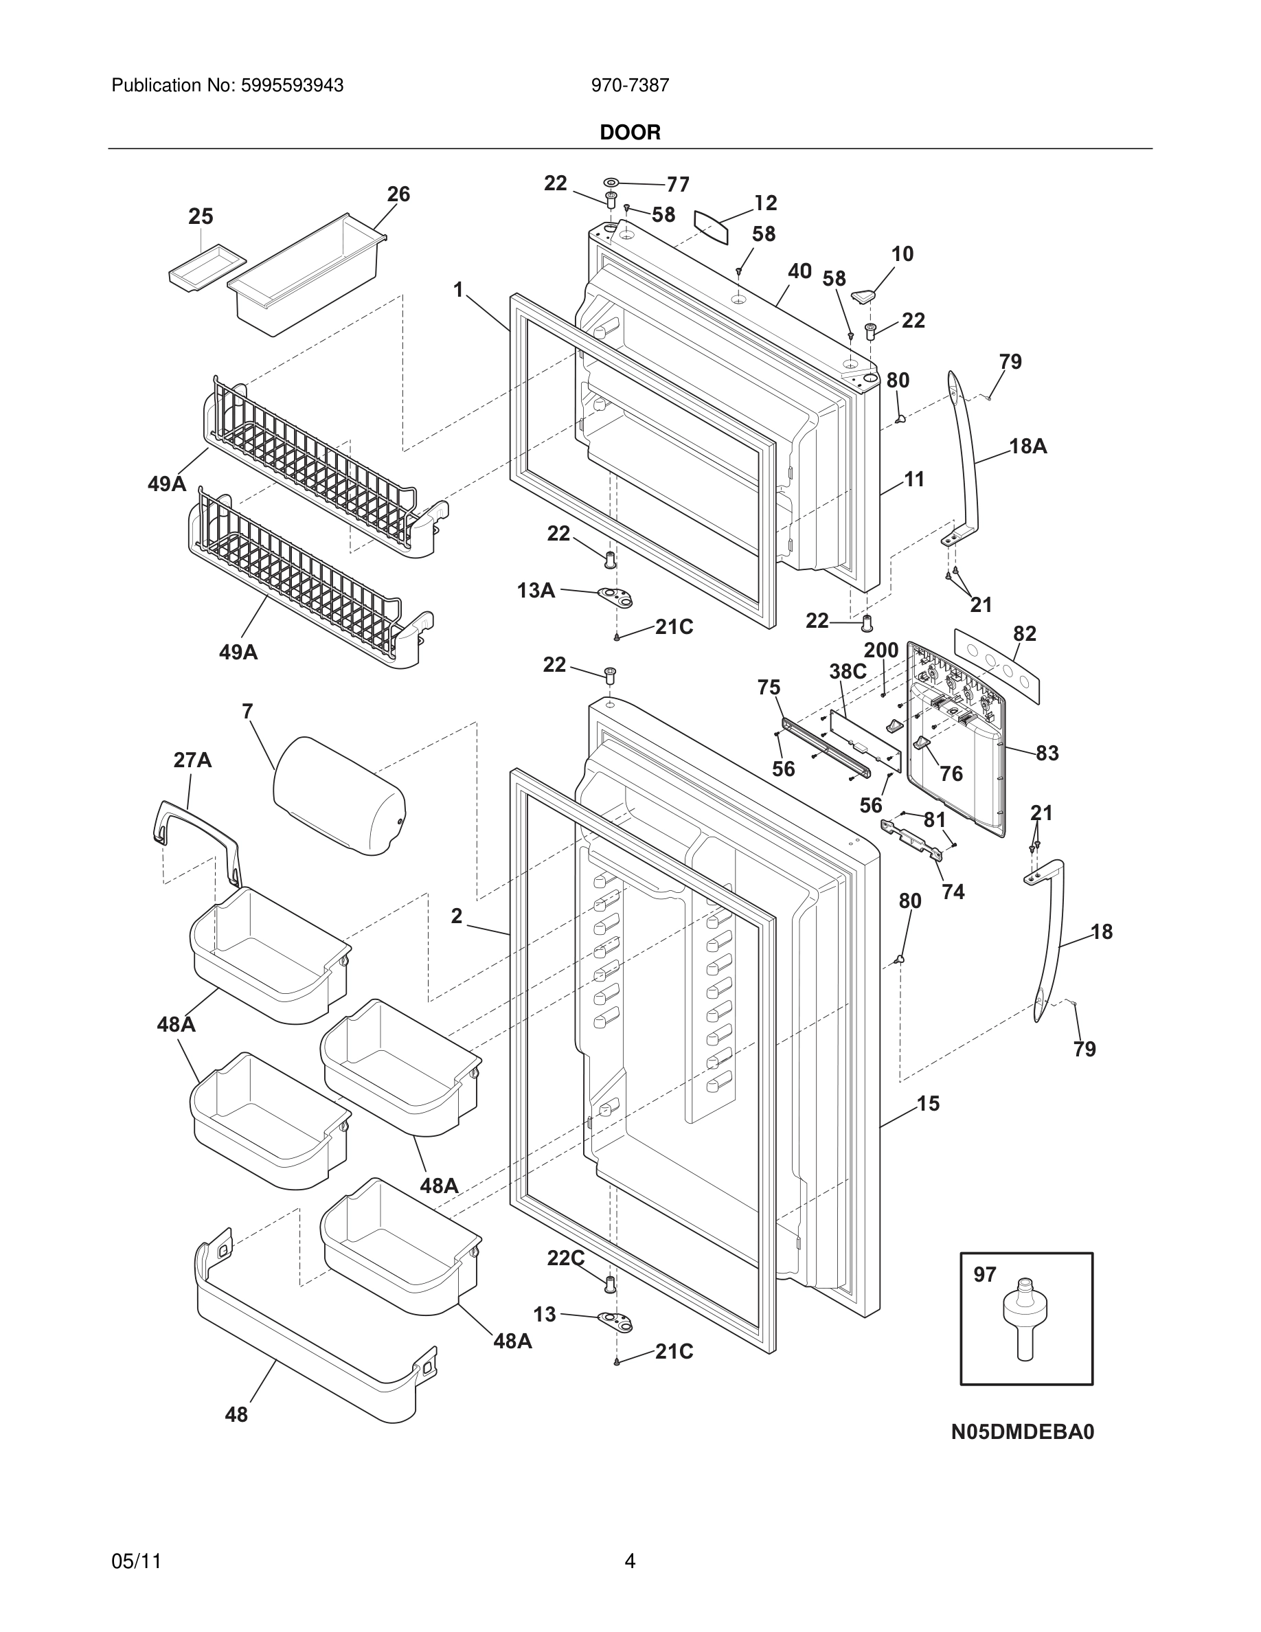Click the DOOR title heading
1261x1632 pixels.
(630, 133)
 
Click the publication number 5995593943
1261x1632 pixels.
(291, 85)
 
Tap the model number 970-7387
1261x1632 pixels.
(630, 85)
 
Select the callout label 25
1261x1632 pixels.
(200, 216)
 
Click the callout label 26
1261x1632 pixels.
(398, 194)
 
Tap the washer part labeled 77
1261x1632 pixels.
(611, 181)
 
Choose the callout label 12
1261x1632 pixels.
(766, 203)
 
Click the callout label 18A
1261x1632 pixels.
(1028, 447)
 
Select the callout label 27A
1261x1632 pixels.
(192, 760)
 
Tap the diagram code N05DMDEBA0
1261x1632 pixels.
(1022, 1431)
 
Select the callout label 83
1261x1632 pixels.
(1047, 753)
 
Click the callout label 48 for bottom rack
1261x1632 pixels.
(236, 1414)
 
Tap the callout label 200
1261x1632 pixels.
(881, 650)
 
